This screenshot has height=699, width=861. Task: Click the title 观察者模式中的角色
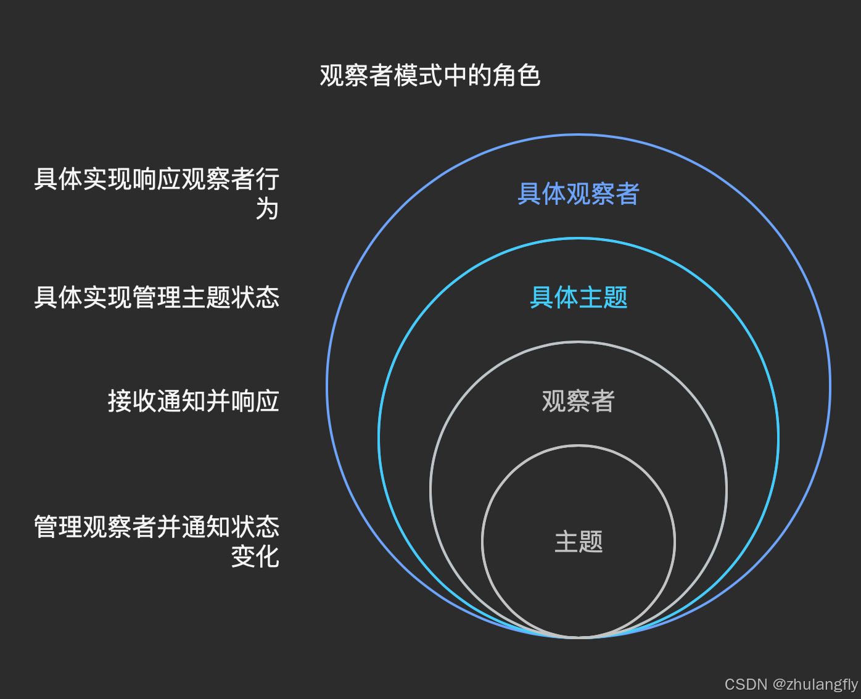click(x=430, y=76)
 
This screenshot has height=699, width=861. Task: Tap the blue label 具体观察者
click(x=579, y=194)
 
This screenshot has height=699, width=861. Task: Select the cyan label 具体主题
click(x=579, y=297)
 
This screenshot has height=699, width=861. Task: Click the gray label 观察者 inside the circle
click(x=579, y=401)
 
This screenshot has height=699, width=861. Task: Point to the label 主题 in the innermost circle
click(x=579, y=542)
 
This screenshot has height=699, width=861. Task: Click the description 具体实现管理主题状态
click(x=157, y=297)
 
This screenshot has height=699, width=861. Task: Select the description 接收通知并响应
click(x=193, y=401)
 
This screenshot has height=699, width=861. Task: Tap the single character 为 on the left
click(x=267, y=209)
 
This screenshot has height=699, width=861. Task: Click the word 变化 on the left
click(x=255, y=556)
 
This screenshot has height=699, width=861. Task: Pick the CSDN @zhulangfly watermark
click(x=791, y=684)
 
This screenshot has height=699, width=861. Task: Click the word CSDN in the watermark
click(x=746, y=684)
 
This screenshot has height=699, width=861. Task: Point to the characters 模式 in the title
click(x=418, y=76)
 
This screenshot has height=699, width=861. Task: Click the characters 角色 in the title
click(x=517, y=76)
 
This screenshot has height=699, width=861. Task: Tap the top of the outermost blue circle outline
click(x=579, y=135)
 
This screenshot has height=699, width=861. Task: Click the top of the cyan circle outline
click(x=579, y=239)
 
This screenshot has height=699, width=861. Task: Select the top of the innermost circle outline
click(x=579, y=445)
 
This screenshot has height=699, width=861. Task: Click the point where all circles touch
click(x=579, y=637)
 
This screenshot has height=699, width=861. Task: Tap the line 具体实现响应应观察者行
click(x=157, y=180)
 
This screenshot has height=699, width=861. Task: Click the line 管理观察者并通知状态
click(x=157, y=527)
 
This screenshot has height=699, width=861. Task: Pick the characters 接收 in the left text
click(x=132, y=401)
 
